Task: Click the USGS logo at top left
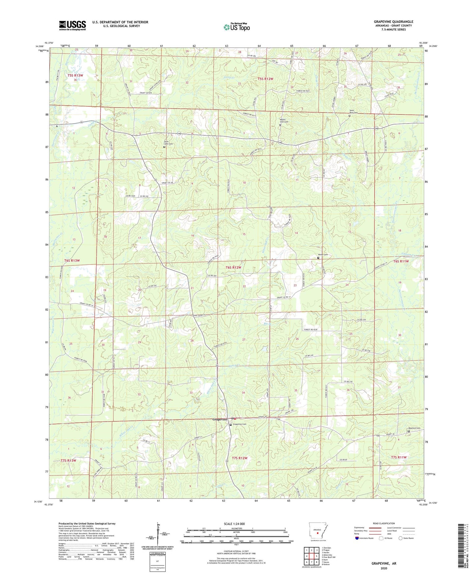click(72, 25)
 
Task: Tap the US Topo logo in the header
click(237, 27)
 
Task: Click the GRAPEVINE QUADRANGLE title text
click(393, 22)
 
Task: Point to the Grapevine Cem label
click(239, 424)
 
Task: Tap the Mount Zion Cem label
click(284, 121)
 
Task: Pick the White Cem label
click(323, 255)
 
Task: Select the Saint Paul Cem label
click(353, 112)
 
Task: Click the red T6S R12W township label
click(233, 267)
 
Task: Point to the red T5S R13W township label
click(75, 75)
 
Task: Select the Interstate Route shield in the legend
click(357, 538)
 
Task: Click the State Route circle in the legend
click(401, 538)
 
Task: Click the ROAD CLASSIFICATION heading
click(384, 523)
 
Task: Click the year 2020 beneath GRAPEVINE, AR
click(384, 568)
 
